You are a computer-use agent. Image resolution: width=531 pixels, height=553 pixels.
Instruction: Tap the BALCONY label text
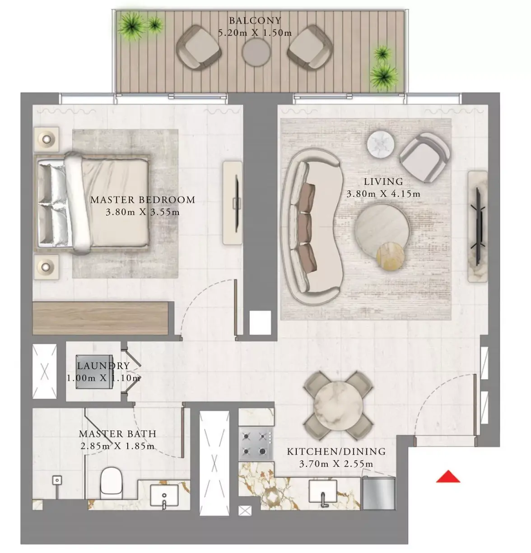255,20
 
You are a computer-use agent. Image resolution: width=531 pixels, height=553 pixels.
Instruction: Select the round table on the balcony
256,52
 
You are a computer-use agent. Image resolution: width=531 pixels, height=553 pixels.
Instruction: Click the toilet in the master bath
111,483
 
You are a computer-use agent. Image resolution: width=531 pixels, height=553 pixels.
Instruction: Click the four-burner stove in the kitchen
256,444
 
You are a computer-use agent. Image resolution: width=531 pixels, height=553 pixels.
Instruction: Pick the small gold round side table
390,256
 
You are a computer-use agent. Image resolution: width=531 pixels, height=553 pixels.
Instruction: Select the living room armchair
424,157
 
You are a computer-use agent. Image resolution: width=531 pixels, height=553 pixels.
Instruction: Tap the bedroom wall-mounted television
237,204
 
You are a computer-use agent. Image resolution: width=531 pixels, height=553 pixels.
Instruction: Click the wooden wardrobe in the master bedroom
100,318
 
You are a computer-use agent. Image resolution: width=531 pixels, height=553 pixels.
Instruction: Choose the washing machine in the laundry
94,372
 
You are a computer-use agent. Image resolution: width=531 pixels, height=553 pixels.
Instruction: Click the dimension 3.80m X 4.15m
383,194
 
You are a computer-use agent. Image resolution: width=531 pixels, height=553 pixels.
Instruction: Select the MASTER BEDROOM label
143,200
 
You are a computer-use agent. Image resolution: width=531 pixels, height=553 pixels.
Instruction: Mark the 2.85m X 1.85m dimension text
117,446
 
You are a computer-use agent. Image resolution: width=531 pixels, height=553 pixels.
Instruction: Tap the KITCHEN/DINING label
336,451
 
